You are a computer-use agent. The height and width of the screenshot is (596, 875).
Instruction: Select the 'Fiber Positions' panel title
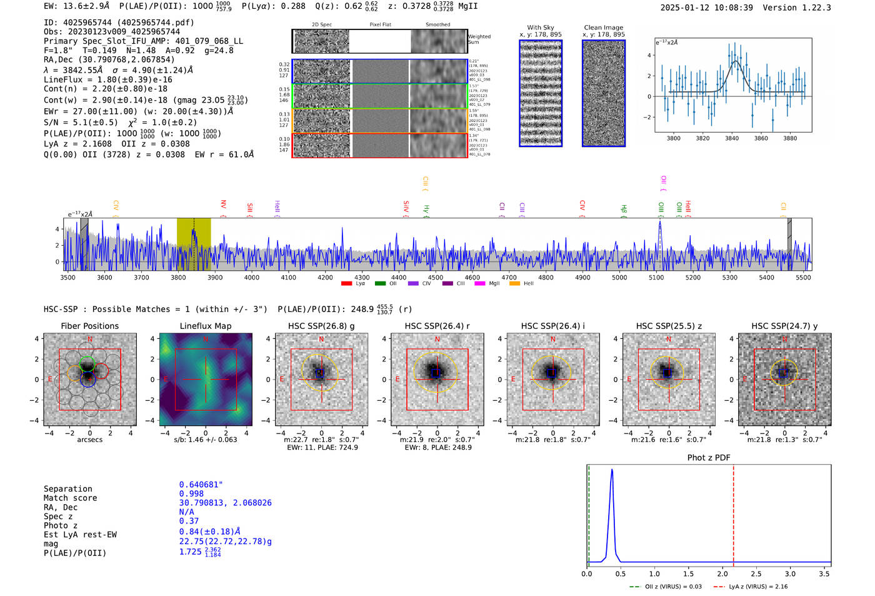[x=89, y=326]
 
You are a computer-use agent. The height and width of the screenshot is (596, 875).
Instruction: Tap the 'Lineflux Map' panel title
[x=206, y=326]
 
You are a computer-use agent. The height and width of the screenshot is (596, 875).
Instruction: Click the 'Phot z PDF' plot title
[x=709, y=457]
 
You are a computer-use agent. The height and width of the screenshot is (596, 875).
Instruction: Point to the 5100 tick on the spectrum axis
[x=656, y=277]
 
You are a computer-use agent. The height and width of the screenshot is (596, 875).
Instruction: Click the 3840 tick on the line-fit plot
[x=732, y=138]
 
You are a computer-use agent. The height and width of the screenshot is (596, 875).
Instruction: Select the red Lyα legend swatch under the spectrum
[x=346, y=283]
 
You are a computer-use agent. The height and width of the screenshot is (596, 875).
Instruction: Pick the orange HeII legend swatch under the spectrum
[x=514, y=283]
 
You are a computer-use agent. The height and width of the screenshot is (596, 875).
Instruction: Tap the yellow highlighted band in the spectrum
[x=194, y=244]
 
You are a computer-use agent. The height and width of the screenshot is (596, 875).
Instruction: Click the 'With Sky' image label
[x=541, y=28]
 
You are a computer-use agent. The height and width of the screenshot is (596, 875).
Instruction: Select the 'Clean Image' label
[x=603, y=28]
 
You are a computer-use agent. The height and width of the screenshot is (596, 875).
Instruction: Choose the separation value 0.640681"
[x=201, y=485]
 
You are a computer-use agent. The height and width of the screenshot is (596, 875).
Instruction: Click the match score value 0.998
[x=191, y=493]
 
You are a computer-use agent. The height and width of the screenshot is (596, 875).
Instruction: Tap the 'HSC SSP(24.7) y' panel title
[x=784, y=326]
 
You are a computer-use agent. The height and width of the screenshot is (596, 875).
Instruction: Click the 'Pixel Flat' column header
[x=380, y=25]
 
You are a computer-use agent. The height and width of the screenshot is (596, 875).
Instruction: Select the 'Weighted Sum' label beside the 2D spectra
[x=479, y=39]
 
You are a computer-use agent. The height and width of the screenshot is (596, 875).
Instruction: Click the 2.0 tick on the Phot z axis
[x=722, y=573]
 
